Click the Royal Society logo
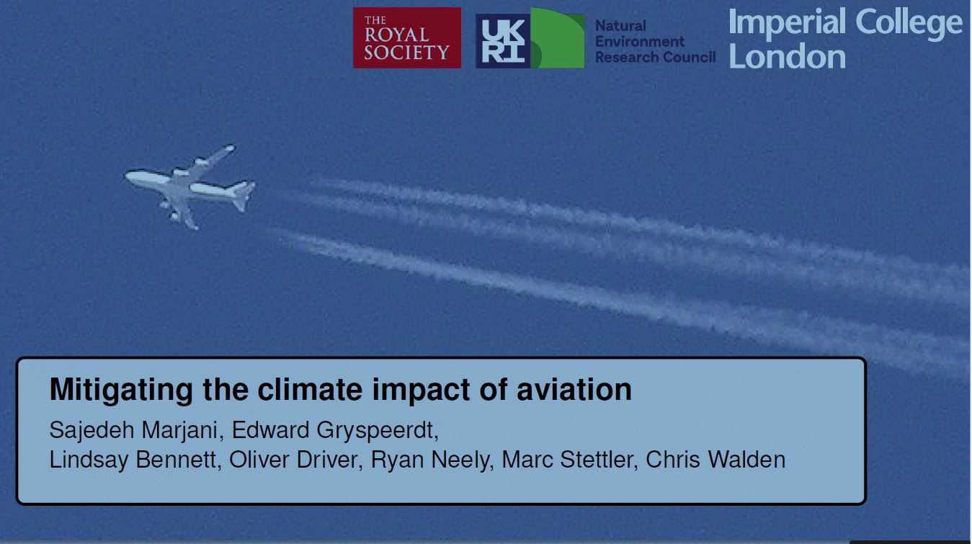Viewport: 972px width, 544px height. (x=406, y=37)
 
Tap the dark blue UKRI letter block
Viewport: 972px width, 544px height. (x=504, y=41)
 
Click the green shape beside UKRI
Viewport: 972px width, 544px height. (x=558, y=38)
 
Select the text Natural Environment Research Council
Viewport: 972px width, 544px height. (x=655, y=42)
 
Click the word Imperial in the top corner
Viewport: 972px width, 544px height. (x=787, y=22)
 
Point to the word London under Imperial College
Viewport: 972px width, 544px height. (x=787, y=56)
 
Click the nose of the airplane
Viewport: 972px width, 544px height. (x=127, y=175)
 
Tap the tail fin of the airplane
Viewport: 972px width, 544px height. (x=242, y=196)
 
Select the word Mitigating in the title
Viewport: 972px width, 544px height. (x=121, y=391)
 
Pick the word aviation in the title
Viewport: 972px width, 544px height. (x=574, y=390)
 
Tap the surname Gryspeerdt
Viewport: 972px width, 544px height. (x=378, y=431)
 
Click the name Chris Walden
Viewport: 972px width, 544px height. (x=715, y=460)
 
